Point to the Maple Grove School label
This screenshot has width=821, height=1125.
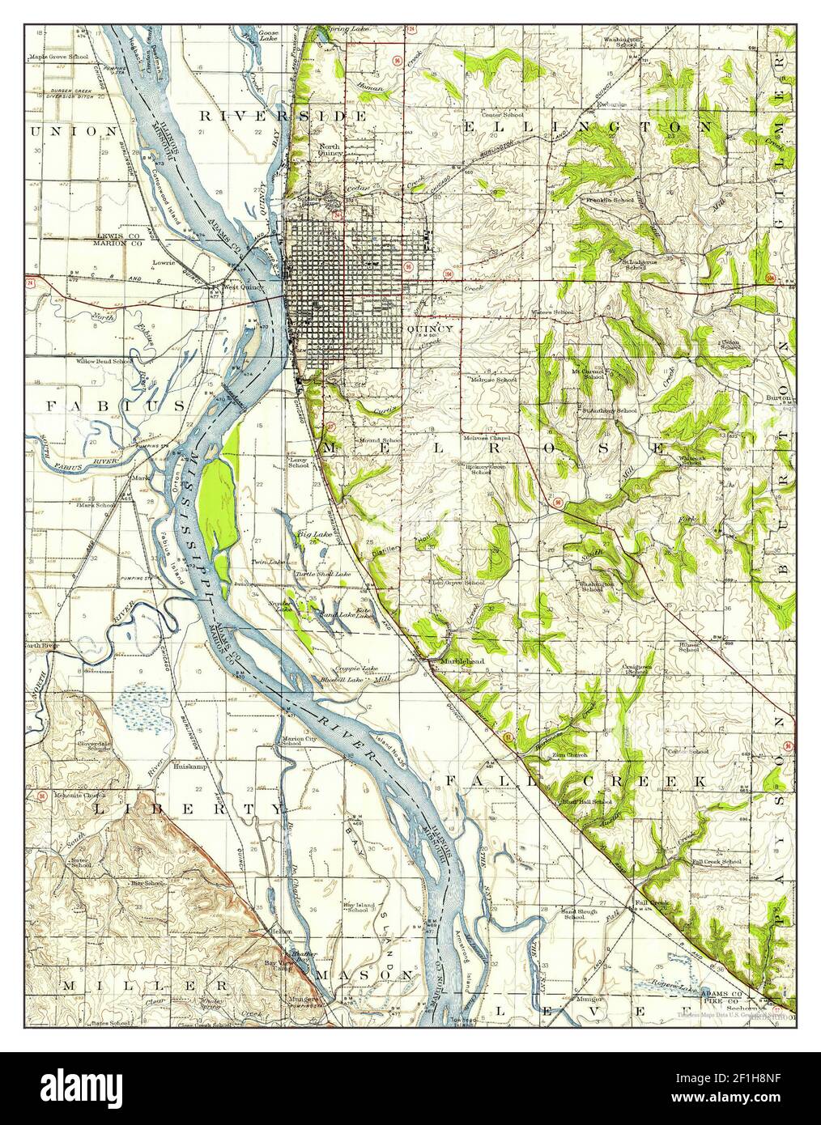click(60, 57)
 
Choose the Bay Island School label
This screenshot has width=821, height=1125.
click(357, 907)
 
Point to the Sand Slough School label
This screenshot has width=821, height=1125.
click(580, 915)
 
